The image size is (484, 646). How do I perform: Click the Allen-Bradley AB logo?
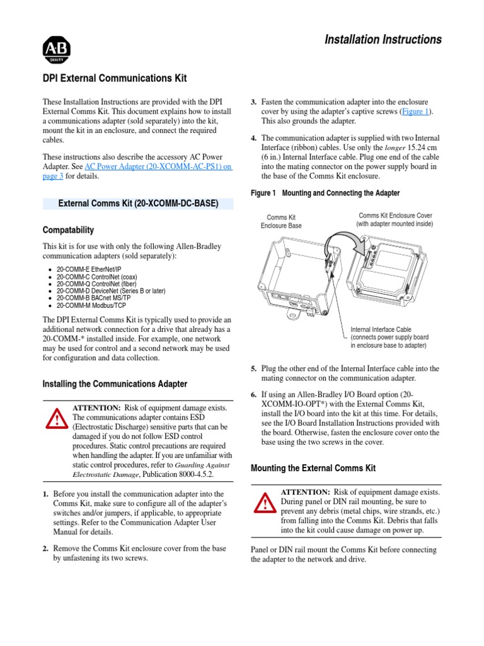[x=56, y=49]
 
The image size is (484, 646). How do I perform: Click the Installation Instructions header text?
[x=383, y=40]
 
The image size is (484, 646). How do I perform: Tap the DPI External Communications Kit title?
[x=114, y=78]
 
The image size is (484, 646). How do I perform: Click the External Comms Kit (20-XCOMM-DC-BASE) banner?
[x=138, y=204]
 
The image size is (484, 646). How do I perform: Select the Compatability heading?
[x=68, y=230]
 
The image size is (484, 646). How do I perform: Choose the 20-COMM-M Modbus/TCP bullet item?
[x=91, y=305]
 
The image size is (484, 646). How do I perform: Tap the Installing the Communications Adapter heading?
[x=115, y=384]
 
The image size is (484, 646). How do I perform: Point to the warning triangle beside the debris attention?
[x=265, y=503]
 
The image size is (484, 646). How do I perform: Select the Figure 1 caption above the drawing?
[x=325, y=193]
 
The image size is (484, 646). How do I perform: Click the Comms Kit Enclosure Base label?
[x=281, y=221]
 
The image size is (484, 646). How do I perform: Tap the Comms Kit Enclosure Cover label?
[x=395, y=219]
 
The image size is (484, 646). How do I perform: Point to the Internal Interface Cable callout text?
[x=389, y=338]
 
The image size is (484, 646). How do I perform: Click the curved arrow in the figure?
[x=345, y=241]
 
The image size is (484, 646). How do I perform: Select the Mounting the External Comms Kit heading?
[x=313, y=468]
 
